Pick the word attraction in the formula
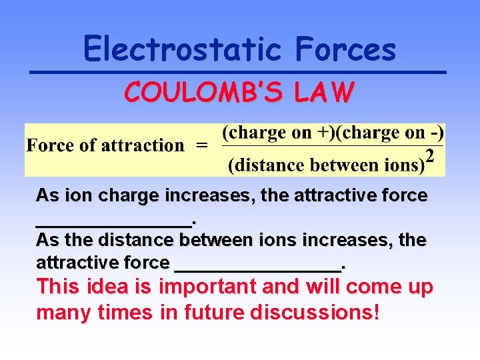[143, 145]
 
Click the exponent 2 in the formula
[430, 157]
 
